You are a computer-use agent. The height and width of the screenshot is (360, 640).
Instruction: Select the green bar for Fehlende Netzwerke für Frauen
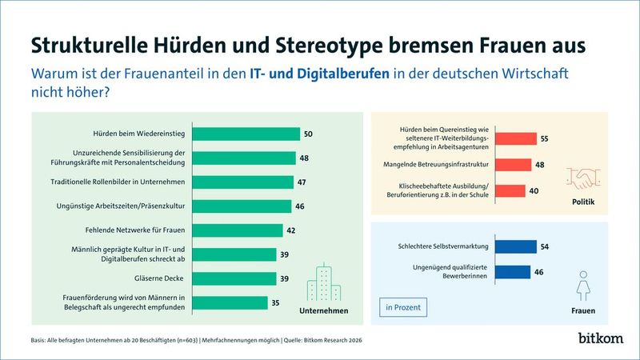pyautogui.click(x=238, y=230)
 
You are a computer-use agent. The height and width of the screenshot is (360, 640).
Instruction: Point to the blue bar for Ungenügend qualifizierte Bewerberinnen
pyautogui.click(x=512, y=272)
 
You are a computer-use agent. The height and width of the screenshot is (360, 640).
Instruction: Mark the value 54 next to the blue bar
pyautogui.click(x=544, y=246)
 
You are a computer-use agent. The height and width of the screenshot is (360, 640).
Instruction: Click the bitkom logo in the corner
pyautogui.click(x=600, y=338)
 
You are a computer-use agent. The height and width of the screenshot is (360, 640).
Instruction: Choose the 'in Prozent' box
pyautogui.click(x=402, y=307)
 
